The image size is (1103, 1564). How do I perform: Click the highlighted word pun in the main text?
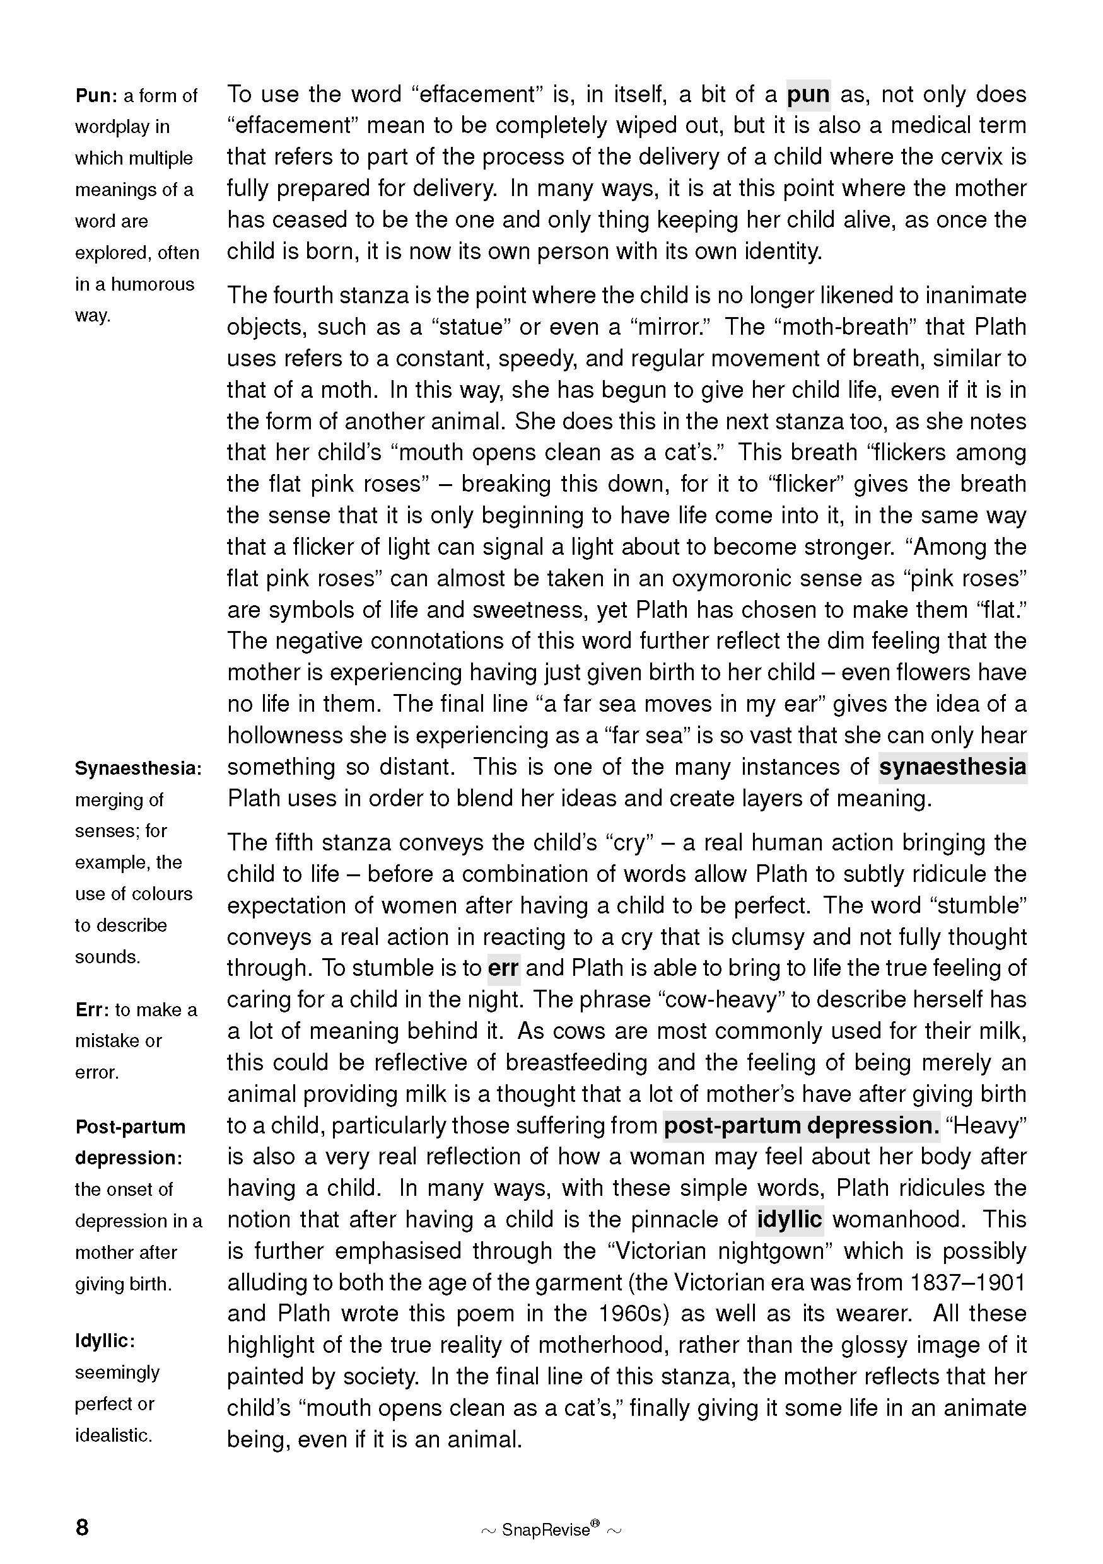(x=808, y=95)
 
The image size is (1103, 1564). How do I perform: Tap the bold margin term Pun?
(x=96, y=95)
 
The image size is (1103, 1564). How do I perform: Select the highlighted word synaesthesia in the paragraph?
(x=952, y=767)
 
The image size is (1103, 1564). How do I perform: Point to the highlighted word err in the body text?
(x=503, y=968)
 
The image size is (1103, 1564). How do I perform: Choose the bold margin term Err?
(x=93, y=1009)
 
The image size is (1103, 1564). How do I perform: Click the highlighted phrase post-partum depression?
(x=801, y=1125)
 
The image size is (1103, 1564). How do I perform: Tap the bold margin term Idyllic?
(x=105, y=1341)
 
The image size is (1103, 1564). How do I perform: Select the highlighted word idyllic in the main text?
(x=790, y=1219)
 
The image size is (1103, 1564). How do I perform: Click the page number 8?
(x=82, y=1527)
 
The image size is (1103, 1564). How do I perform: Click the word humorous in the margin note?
(x=152, y=284)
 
